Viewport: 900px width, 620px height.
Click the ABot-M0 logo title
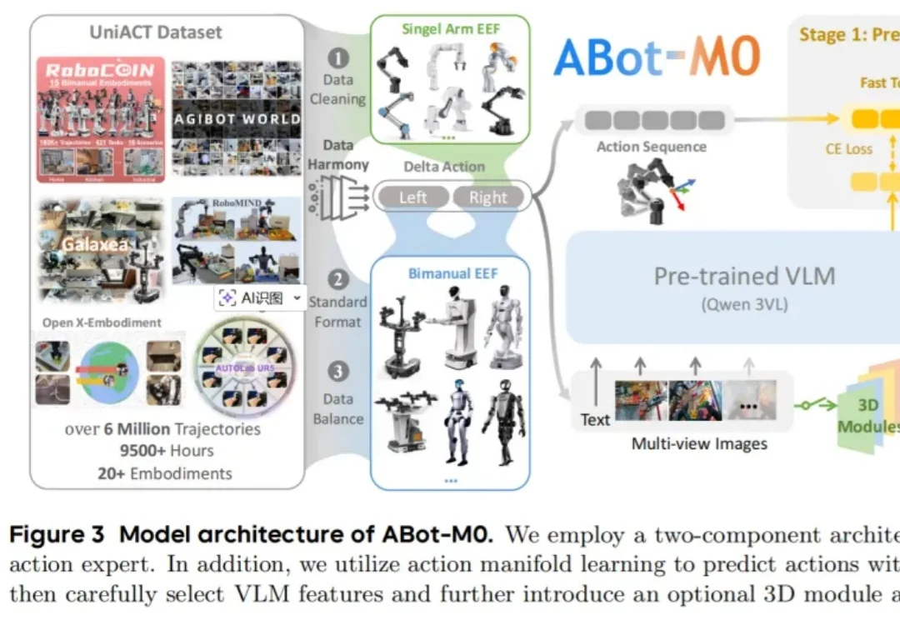pyautogui.click(x=657, y=57)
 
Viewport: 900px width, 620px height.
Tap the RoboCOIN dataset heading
pyautogui.click(x=101, y=70)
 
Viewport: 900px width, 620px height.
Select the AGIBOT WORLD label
pyautogui.click(x=237, y=119)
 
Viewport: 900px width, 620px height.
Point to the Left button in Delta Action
pyautogui.click(x=412, y=197)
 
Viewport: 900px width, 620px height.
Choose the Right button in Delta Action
pyautogui.click(x=487, y=197)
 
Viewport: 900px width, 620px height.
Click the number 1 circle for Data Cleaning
pyautogui.click(x=338, y=58)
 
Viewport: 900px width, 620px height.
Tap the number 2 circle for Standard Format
pyautogui.click(x=338, y=279)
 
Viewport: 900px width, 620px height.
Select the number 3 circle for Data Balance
pyautogui.click(x=338, y=372)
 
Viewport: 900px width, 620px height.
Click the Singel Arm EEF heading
pyautogui.click(x=450, y=28)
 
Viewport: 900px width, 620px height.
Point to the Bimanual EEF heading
pyautogui.click(x=450, y=272)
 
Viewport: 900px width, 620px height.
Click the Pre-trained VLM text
pyautogui.click(x=744, y=276)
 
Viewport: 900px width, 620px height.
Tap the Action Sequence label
pyautogui.click(x=651, y=147)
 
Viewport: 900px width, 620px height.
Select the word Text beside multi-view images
pyautogui.click(x=595, y=419)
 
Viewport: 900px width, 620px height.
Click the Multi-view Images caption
pyautogui.click(x=698, y=443)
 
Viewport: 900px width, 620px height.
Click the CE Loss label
pyautogui.click(x=848, y=148)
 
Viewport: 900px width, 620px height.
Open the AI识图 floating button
pyautogui.click(x=257, y=298)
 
